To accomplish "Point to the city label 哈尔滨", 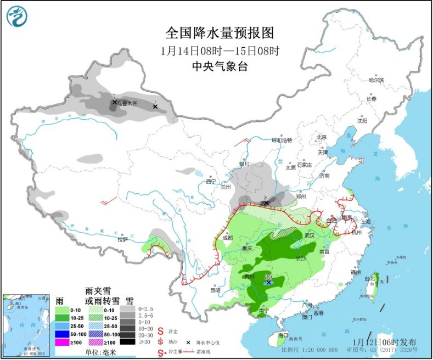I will click(x=376, y=80).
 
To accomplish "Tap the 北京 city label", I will click(x=322, y=137).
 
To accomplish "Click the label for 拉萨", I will click(x=122, y=239).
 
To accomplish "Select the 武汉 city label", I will click(x=310, y=235).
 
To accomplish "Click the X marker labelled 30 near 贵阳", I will click(x=267, y=283).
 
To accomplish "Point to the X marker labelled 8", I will click(x=267, y=204).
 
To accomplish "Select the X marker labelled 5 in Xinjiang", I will click(x=155, y=106).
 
